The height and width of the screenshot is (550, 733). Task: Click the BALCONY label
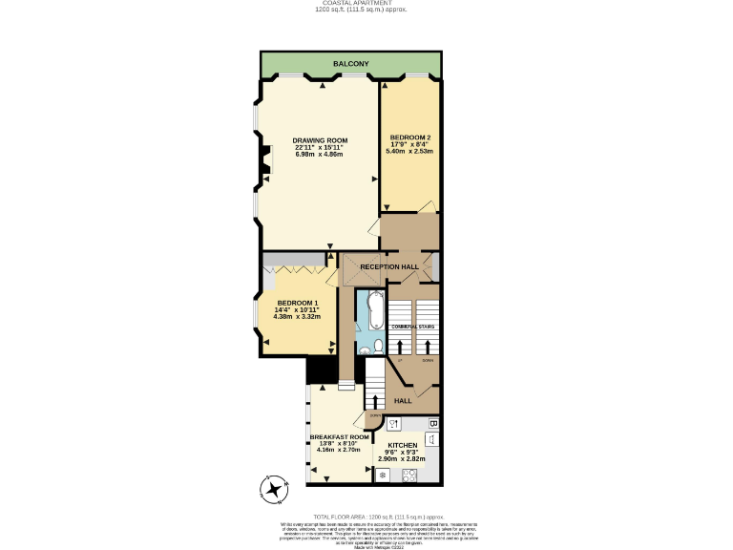tap(350, 64)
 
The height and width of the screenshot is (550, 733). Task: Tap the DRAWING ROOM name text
tap(320, 140)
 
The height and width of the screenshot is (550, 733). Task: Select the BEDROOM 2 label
tap(409, 137)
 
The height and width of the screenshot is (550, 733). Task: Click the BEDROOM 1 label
tap(296, 303)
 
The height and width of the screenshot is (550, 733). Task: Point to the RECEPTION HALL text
tap(389, 266)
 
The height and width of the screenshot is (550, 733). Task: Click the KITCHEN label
tap(402, 445)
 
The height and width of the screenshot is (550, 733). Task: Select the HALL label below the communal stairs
tap(404, 401)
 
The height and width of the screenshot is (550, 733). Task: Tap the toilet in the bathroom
tap(378, 346)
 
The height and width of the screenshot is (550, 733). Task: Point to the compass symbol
tap(276, 491)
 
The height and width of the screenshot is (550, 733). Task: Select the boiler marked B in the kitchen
tap(432, 422)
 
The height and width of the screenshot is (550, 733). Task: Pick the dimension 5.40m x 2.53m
tap(409, 151)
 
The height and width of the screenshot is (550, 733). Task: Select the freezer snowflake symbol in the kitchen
tap(383, 475)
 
